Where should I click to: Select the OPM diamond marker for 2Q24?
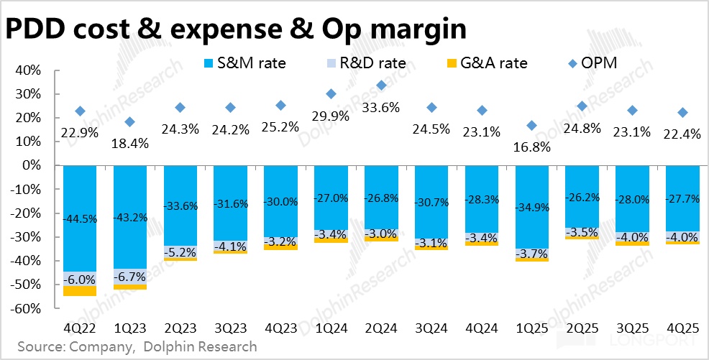[382, 86]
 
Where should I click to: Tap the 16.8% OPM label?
[532, 147]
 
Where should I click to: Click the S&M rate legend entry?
[244, 63]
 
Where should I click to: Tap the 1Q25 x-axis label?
[532, 328]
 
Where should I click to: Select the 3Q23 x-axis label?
[231, 328]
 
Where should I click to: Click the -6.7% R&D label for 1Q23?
[130, 277]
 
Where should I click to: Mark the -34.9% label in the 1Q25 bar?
[532, 207]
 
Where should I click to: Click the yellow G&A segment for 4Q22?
[80, 290]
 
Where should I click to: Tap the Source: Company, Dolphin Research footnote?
[137, 347]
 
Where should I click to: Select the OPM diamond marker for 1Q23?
[130, 121]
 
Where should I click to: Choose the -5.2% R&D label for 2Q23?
[180, 253]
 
